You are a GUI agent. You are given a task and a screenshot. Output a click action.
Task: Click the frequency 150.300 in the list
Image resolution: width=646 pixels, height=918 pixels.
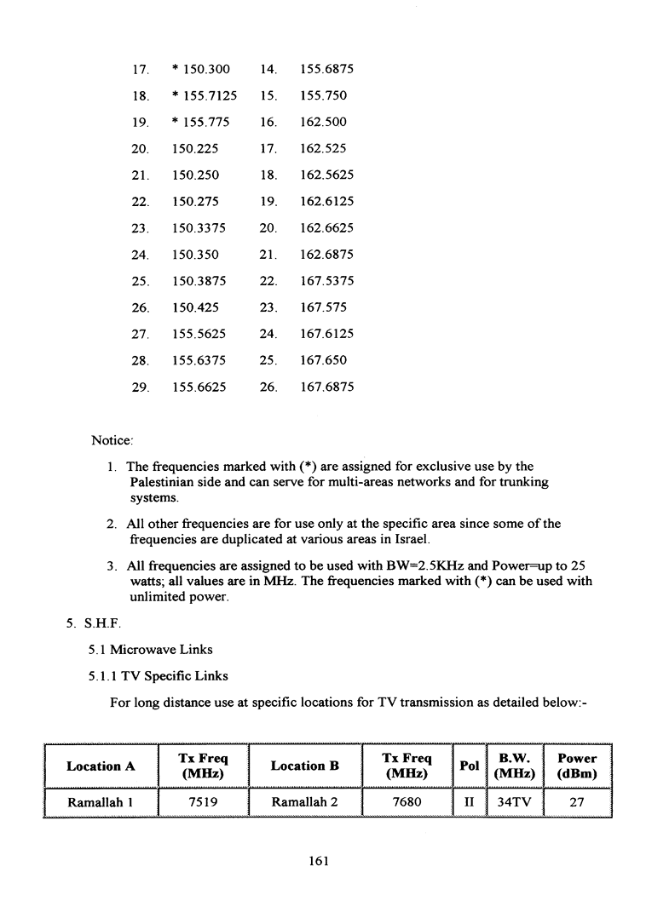tap(200, 69)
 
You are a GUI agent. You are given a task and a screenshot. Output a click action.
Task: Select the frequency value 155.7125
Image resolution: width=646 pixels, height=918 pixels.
tap(205, 95)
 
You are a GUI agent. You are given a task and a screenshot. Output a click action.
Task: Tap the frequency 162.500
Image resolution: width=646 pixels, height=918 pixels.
tap(323, 122)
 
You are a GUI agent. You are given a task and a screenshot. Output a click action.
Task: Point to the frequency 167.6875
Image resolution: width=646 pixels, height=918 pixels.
tap(326, 387)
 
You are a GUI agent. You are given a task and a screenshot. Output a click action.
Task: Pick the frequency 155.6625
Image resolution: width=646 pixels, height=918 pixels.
tap(199, 387)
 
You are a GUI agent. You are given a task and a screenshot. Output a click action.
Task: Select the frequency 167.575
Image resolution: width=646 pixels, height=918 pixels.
tap(323, 307)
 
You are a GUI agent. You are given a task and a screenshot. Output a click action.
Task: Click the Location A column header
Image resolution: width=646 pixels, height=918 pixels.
tap(101, 766)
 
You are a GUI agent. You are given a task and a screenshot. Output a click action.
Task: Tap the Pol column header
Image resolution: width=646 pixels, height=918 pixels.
tap(469, 766)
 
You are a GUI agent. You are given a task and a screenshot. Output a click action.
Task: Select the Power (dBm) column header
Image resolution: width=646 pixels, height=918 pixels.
tap(577, 766)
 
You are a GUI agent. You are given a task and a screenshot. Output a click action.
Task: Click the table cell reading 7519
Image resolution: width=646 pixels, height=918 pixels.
tap(201, 802)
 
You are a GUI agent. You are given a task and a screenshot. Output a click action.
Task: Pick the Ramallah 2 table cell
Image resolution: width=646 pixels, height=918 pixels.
tap(304, 802)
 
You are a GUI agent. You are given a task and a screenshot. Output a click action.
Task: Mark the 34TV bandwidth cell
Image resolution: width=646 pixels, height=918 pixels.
tap(515, 802)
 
